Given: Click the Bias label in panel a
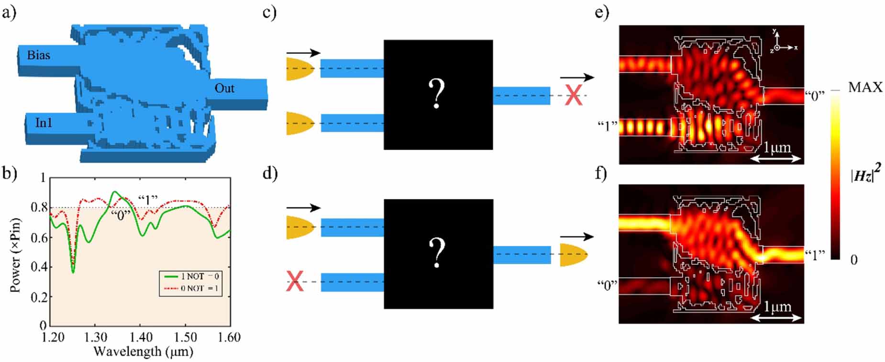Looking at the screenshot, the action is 38,55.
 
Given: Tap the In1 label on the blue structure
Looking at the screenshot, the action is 44,123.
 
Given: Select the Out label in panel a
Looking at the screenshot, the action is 224,88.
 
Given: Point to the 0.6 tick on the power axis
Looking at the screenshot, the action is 42,238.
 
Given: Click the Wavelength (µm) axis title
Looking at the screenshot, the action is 143,351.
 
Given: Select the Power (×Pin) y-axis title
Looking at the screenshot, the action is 15,255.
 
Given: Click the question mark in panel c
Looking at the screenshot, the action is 437,94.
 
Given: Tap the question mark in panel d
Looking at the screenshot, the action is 437,253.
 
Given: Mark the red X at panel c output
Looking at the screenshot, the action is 573,96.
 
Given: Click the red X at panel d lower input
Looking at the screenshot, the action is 295,282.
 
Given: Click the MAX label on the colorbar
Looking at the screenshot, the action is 865,87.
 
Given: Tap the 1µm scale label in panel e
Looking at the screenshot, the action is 777,147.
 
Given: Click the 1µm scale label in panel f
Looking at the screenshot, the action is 777,306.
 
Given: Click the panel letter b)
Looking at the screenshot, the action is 9,172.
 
